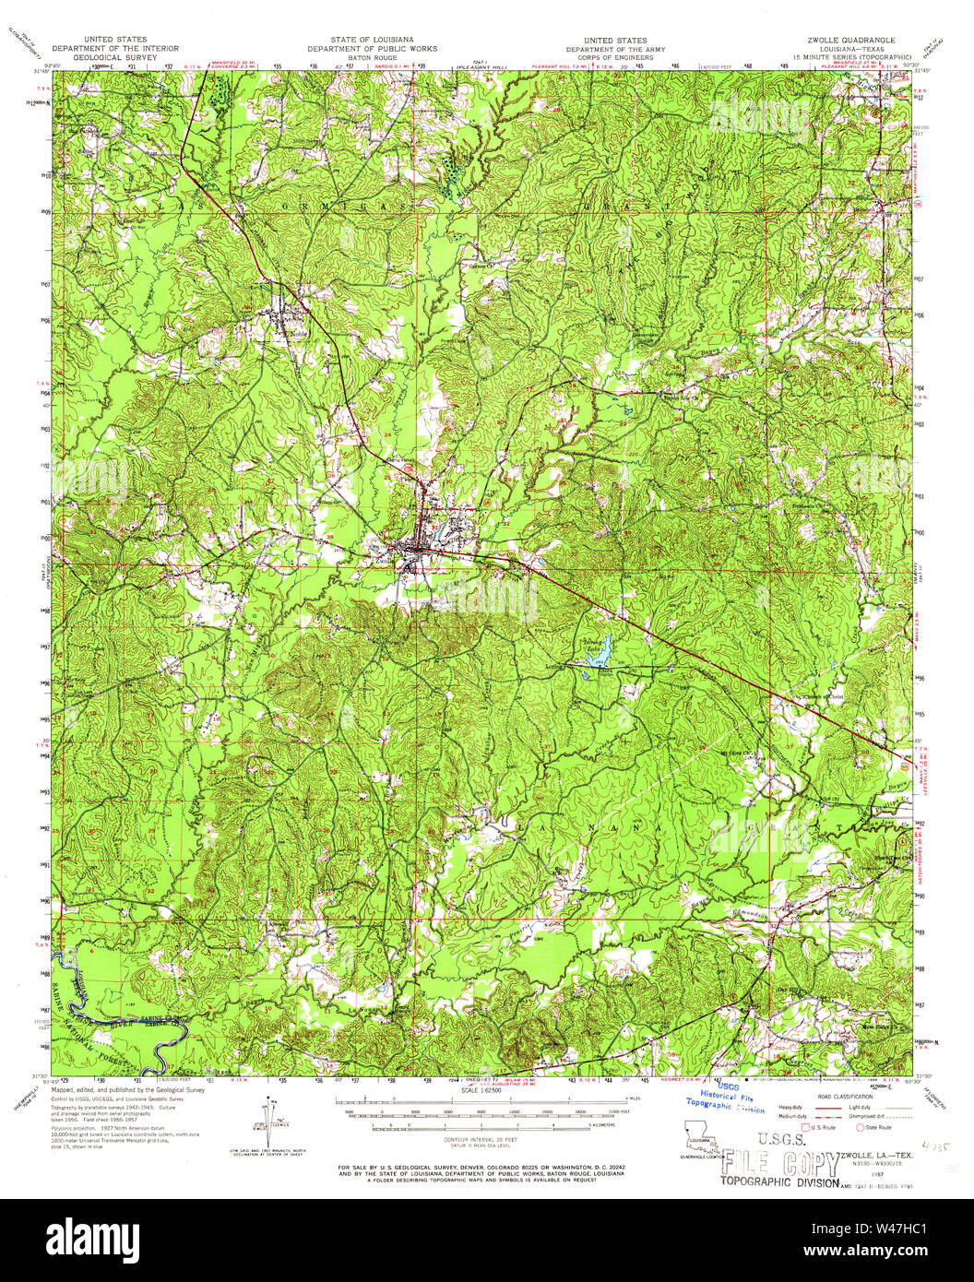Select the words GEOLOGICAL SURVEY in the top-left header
pos(115,57)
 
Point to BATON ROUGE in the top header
pos(372,57)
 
